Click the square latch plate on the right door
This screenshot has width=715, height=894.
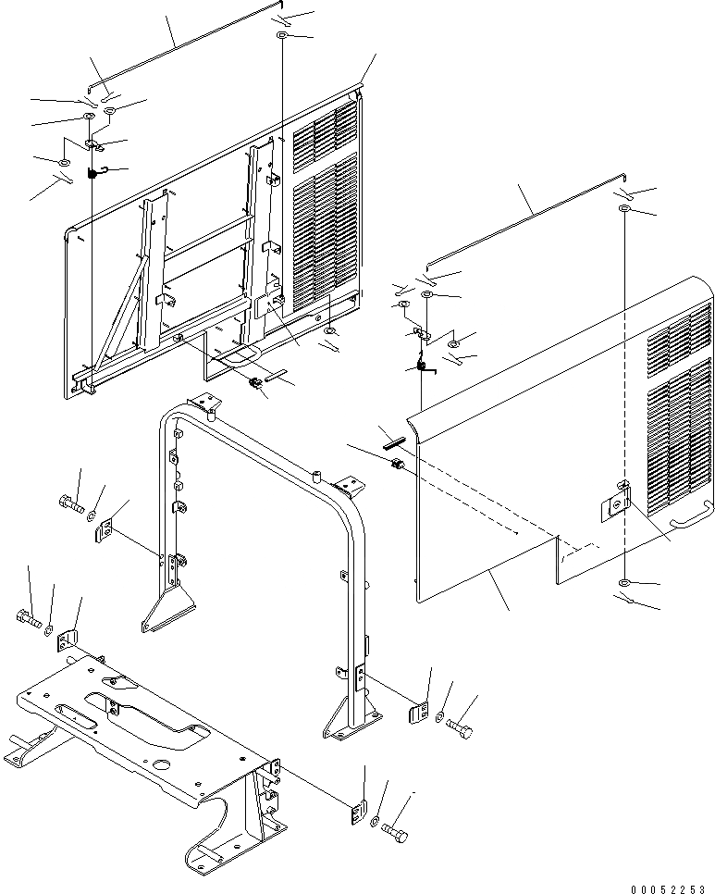point(614,504)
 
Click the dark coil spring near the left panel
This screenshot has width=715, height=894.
point(93,173)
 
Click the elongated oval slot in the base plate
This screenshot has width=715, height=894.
point(82,710)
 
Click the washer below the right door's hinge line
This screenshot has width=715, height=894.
point(625,584)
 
